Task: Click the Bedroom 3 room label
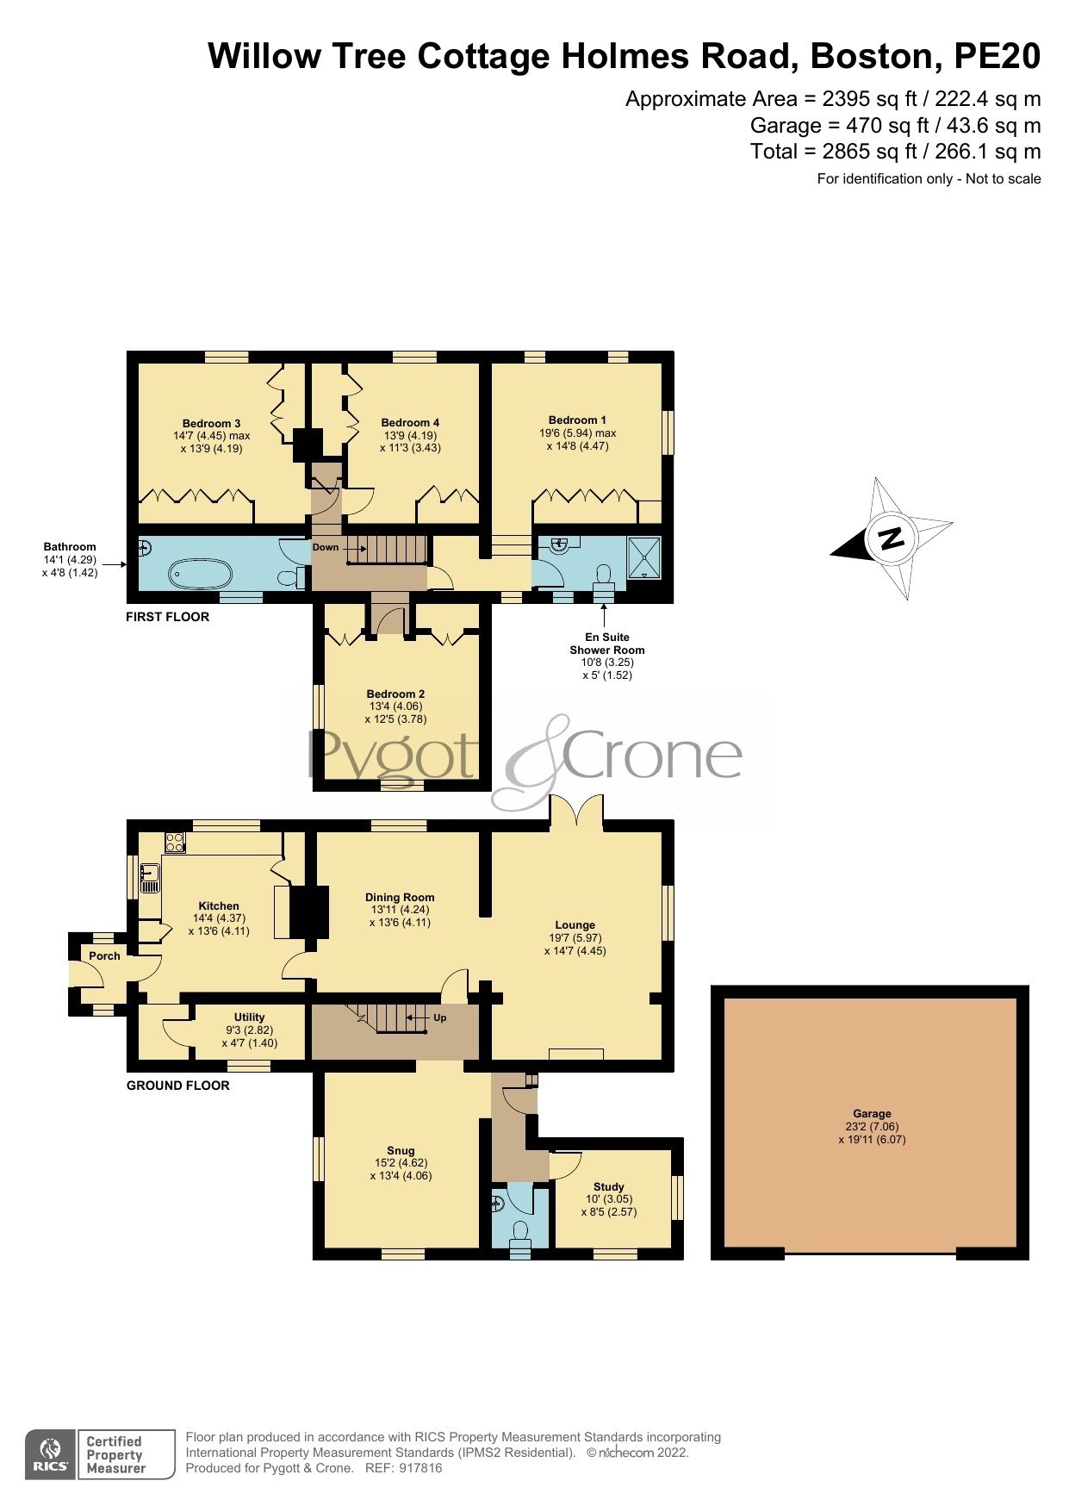coord(211,423)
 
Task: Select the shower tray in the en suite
coord(644,557)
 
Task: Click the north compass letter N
coord(892,539)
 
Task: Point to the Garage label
coord(872,1113)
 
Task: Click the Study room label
coord(608,1186)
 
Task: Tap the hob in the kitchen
coord(175,842)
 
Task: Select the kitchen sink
coord(150,878)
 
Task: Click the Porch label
coord(104,955)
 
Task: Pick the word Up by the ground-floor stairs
coord(439,1017)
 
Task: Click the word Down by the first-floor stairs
coord(326,547)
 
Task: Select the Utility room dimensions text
coord(249,1036)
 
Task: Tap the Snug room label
coord(401,1150)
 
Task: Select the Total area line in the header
coord(895,152)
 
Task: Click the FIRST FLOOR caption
coord(167,617)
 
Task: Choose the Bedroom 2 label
coord(395,694)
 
